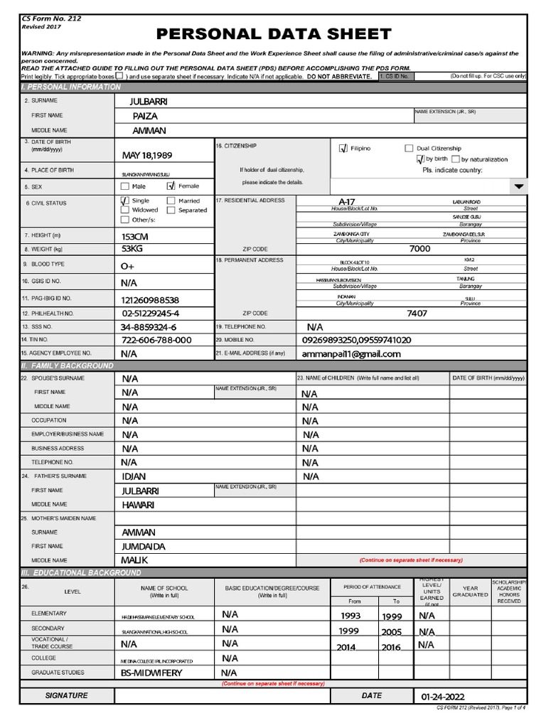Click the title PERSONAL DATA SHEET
coord(274,33)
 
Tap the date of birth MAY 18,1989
coord(146,155)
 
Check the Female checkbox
coord(170,186)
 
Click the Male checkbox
coord(125,186)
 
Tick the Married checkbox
coord(171,201)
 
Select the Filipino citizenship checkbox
coord(343,148)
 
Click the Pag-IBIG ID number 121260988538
coord(150,300)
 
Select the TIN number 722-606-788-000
coord(156,340)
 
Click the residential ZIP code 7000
coord(419,249)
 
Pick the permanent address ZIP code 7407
coord(417,313)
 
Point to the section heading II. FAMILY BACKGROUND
coord(68,365)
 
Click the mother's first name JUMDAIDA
coord(144,546)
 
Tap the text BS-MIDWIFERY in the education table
coord(151,673)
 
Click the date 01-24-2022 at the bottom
coord(443,697)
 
